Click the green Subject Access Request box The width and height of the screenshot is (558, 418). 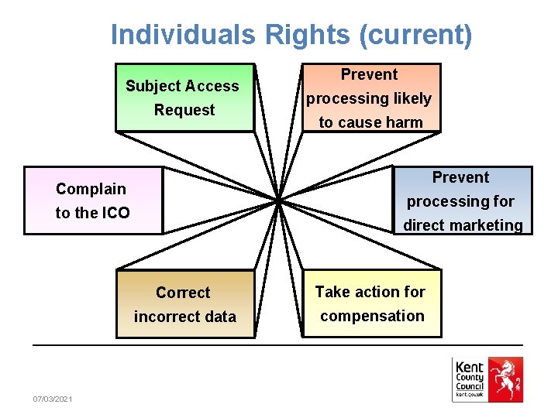point(184,98)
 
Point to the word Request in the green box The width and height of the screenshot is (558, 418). point(184,110)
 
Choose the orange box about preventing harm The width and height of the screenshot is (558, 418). point(370,98)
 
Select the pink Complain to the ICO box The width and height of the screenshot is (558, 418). point(93,200)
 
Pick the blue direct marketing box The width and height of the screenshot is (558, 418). point(463,200)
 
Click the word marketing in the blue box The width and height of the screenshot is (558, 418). point(487,225)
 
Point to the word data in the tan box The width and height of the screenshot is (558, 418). point(219,317)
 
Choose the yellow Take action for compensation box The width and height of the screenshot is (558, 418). point(371,303)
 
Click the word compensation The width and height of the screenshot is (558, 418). point(372,316)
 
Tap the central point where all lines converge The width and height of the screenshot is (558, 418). point(277,200)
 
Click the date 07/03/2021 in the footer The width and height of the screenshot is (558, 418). point(53,399)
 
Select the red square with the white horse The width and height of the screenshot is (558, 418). point(505,379)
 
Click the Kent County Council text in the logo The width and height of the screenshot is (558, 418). point(470,376)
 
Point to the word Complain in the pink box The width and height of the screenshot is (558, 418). point(91,189)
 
